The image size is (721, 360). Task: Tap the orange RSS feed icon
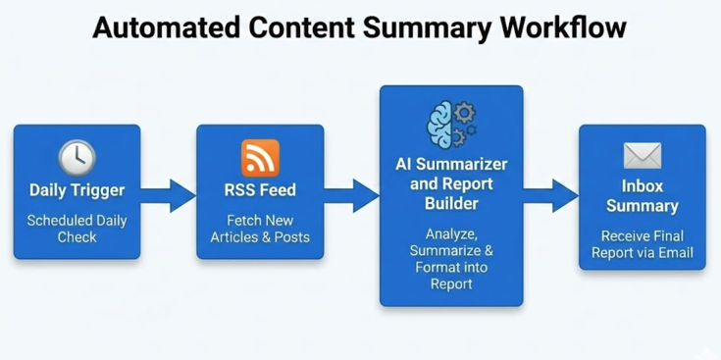point(260,157)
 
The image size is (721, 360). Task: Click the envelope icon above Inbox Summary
point(643,156)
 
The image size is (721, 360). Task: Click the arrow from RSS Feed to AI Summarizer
point(352,193)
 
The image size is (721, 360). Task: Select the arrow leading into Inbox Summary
point(550,193)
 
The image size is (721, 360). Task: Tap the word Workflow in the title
point(562,26)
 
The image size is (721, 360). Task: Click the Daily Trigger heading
point(77,190)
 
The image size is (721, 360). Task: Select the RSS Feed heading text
point(260,190)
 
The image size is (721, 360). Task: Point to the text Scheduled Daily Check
point(77,229)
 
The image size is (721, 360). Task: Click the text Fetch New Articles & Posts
point(260,229)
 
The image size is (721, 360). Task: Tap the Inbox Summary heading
point(643,196)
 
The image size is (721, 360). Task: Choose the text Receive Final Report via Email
point(643,244)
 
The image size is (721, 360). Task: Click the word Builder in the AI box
point(451,203)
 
